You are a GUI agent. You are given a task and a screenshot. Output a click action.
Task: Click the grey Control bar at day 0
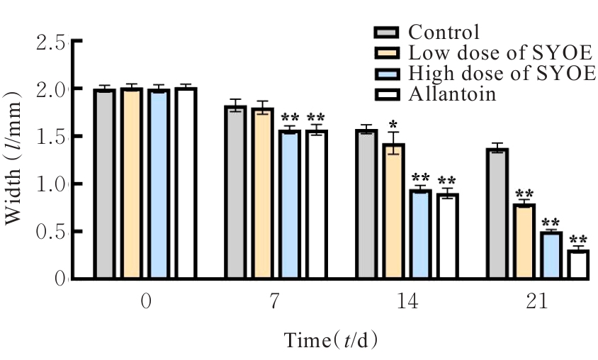[x=104, y=184]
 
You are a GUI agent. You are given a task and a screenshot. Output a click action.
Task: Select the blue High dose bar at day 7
[x=290, y=205]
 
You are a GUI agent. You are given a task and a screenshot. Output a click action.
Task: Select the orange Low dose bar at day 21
[x=524, y=241]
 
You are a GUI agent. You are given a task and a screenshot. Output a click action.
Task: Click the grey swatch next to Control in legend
[x=387, y=32]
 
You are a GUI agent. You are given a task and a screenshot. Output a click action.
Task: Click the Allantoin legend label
[x=452, y=94]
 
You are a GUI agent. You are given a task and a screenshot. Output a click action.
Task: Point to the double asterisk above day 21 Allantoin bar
[x=578, y=240]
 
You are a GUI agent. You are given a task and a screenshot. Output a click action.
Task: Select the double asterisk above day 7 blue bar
[x=290, y=118]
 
